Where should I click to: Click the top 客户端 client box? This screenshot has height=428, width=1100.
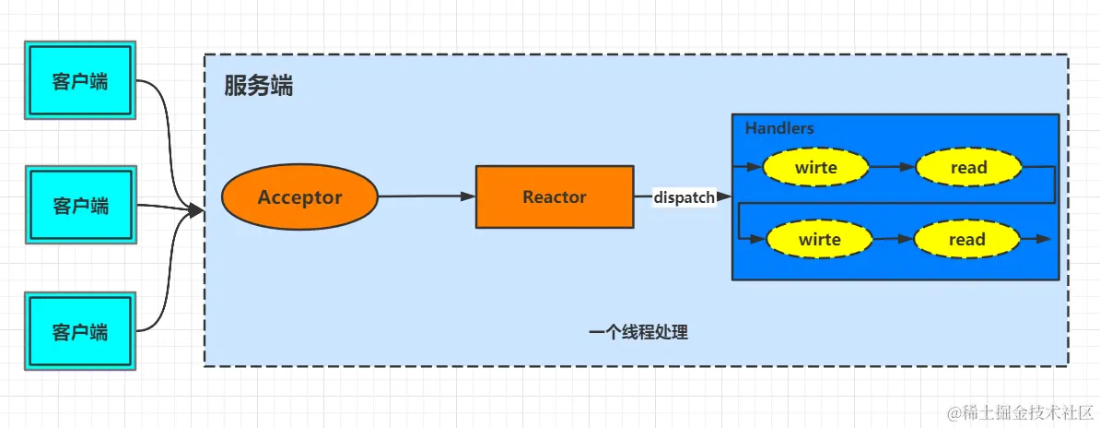coord(80,81)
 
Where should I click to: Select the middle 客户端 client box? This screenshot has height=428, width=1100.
coord(80,205)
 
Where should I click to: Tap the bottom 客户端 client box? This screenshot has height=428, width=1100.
coord(80,330)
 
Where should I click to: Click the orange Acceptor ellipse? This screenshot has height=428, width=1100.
coord(299,196)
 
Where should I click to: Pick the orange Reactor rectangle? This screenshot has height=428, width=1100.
coord(554,196)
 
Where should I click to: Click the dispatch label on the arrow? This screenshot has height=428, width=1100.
coord(684,196)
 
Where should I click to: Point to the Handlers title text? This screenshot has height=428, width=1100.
coord(779,128)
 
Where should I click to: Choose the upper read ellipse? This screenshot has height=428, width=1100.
coord(968,168)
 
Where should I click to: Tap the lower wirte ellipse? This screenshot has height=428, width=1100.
coord(819,240)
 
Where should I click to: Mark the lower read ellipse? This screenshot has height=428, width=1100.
coord(966,240)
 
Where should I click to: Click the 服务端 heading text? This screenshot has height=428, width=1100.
coord(259,87)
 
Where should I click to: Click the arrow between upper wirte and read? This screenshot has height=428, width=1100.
coord(892,168)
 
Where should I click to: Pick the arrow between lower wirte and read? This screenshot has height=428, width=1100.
coord(892,240)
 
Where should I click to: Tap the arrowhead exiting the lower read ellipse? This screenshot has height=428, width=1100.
coord(1042,239)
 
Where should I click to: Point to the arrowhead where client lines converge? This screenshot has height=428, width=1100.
coord(195,211)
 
